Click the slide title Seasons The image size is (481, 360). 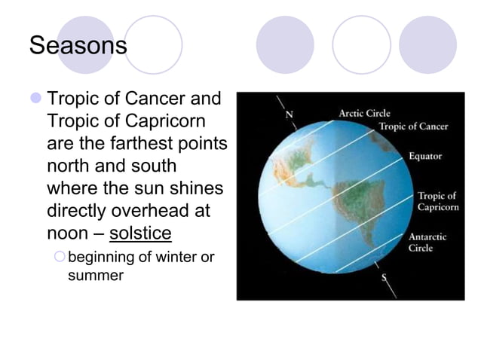(x=78, y=46)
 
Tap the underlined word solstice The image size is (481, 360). (x=140, y=232)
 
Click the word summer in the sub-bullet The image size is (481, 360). (x=96, y=275)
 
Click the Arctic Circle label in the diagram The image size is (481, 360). (x=364, y=113)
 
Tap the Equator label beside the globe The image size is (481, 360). (x=425, y=157)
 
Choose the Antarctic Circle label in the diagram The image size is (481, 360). (x=427, y=242)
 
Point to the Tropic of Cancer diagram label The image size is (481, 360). (x=413, y=127)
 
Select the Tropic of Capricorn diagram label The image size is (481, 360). (x=437, y=201)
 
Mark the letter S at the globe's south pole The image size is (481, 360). (x=384, y=278)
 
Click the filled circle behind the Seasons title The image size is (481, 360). (x=86, y=44)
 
